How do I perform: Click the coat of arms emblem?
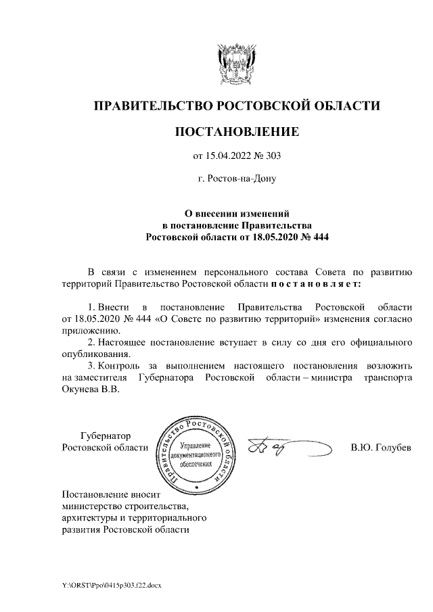point(236,62)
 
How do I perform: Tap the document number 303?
point(271,157)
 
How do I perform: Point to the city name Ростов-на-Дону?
point(236,180)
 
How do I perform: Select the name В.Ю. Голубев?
point(380,448)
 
